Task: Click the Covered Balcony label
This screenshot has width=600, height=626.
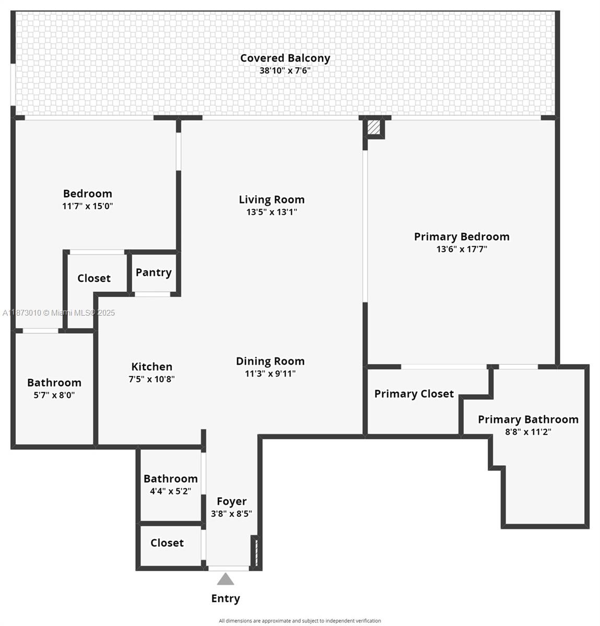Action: coord(285,58)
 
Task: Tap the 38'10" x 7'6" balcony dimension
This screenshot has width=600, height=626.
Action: coord(285,70)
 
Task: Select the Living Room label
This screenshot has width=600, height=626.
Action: coord(272,199)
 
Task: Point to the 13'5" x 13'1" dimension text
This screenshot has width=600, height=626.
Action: coord(272,212)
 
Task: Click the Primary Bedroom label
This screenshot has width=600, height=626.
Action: coord(462,236)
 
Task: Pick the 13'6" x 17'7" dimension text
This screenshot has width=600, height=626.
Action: coord(462,249)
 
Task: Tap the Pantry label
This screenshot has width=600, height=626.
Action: coord(154,272)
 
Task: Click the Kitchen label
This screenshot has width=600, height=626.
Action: coord(151,367)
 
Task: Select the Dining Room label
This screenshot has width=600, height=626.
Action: coord(270,361)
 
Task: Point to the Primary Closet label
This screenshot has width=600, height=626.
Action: coord(414,394)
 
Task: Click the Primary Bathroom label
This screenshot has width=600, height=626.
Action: coord(528,419)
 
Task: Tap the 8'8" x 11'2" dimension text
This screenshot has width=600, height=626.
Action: coord(528,432)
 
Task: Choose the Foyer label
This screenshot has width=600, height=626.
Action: coord(231,501)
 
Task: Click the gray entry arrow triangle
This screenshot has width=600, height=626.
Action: coord(226,579)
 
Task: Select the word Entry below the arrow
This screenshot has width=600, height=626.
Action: coord(226,598)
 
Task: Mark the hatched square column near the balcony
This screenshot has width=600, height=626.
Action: coord(374,127)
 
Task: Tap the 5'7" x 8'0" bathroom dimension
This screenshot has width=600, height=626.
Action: coord(54,395)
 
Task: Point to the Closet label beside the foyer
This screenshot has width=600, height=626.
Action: coord(167,543)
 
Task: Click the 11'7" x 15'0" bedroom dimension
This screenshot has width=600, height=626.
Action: coord(88,206)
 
